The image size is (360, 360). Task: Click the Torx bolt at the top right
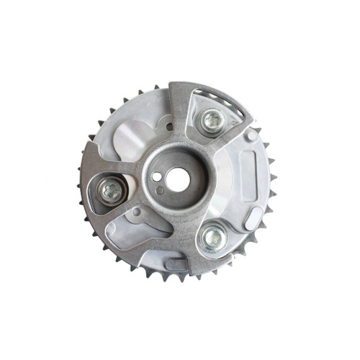pyautogui.click(x=211, y=121)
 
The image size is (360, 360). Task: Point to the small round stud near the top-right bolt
pyautogui.click(x=250, y=135)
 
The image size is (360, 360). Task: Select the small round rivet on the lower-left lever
pyautogui.click(x=137, y=212)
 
